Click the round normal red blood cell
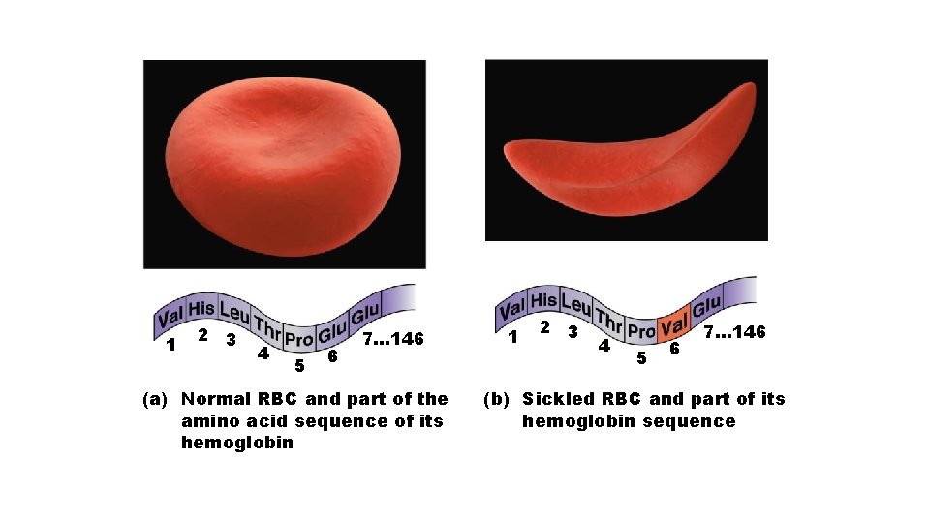coord(284,162)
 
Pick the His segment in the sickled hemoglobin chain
coord(544,301)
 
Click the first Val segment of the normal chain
coord(170,317)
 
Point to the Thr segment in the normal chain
coord(267,331)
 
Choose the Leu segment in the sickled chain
coord(577,305)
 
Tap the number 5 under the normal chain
coord(299,365)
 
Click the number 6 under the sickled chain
coord(674,348)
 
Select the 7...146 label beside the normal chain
coord(393,340)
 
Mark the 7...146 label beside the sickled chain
coord(734,332)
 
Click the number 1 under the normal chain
coord(170,344)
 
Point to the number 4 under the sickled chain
coord(604,345)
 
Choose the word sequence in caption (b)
coord(696,420)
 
